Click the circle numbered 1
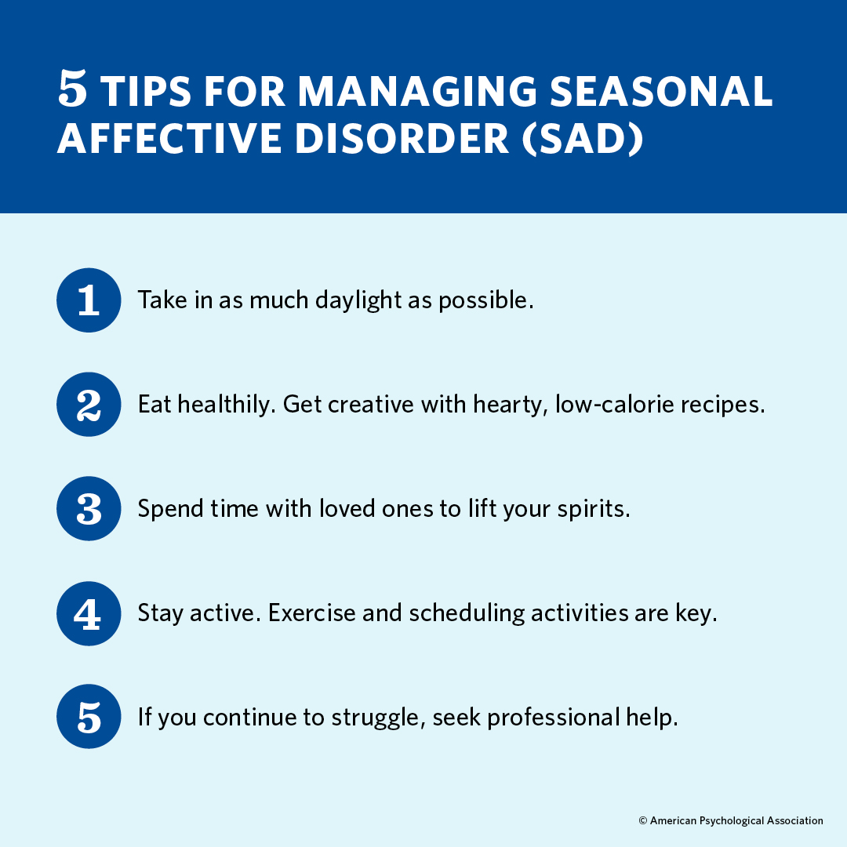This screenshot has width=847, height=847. click(x=89, y=300)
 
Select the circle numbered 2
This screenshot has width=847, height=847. click(x=89, y=405)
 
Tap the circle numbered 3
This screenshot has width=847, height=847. click(x=89, y=509)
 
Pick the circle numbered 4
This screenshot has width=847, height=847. click(x=89, y=613)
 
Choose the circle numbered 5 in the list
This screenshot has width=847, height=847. click(x=89, y=717)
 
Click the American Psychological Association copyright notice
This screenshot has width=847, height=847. click(x=731, y=820)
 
